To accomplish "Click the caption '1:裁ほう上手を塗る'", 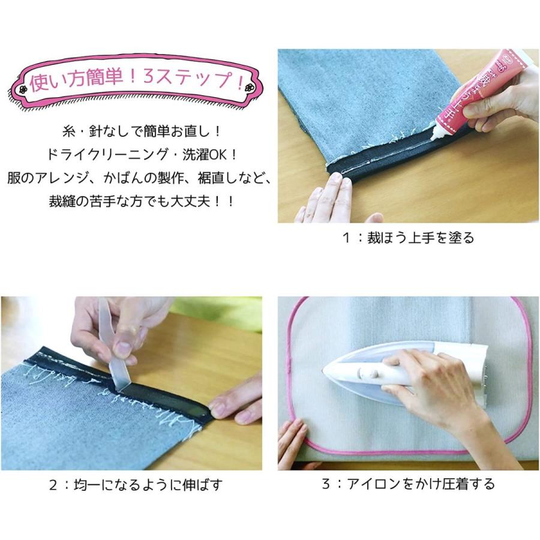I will click(x=408, y=238).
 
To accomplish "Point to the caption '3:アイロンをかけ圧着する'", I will click(x=408, y=484).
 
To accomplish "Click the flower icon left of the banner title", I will click(x=23, y=88).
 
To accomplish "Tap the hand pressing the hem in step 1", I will click(x=327, y=201).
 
